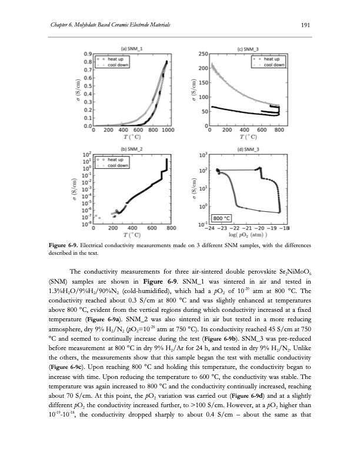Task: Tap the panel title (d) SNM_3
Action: tap(249, 149)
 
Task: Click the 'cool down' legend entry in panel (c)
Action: tap(275, 65)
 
